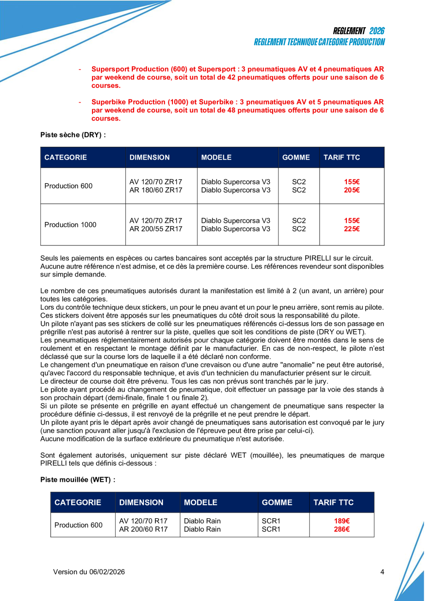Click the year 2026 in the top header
point(377,31)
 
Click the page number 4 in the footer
point(382,572)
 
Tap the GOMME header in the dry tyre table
point(296,157)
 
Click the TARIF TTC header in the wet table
point(333,503)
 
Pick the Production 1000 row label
point(70,225)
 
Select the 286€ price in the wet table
point(342,529)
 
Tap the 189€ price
point(342,521)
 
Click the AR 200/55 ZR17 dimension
point(156,228)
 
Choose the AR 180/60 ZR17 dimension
point(156,190)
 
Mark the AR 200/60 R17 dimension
point(143,529)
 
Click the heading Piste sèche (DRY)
point(73,135)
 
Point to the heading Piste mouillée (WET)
point(78,479)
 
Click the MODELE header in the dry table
point(216,157)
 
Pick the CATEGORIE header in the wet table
point(78,503)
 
